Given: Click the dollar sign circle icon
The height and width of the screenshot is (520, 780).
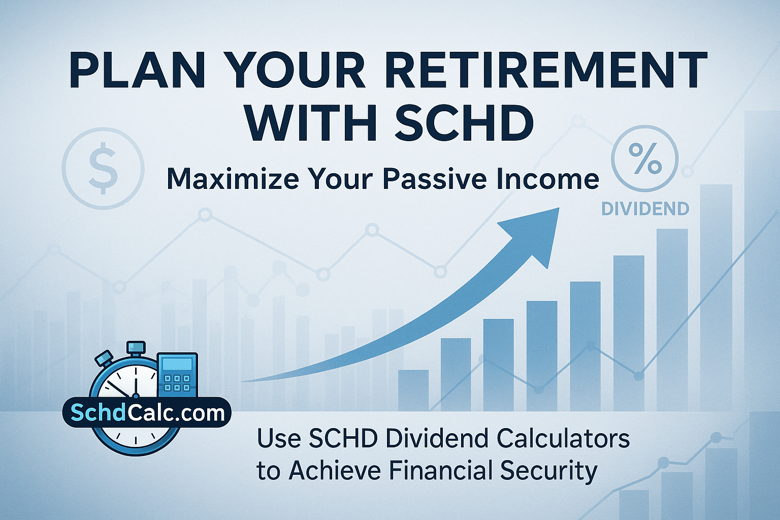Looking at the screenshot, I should [x=103, y=168].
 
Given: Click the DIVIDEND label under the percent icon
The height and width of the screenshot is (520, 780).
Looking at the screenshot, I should [x=645, y=209].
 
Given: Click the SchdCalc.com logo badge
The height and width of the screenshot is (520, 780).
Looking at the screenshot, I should [x=147, y=413].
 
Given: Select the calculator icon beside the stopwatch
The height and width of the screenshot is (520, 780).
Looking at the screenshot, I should [x=177, y=374].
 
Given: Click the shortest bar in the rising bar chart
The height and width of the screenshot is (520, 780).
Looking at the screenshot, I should [x=413, y=390].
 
